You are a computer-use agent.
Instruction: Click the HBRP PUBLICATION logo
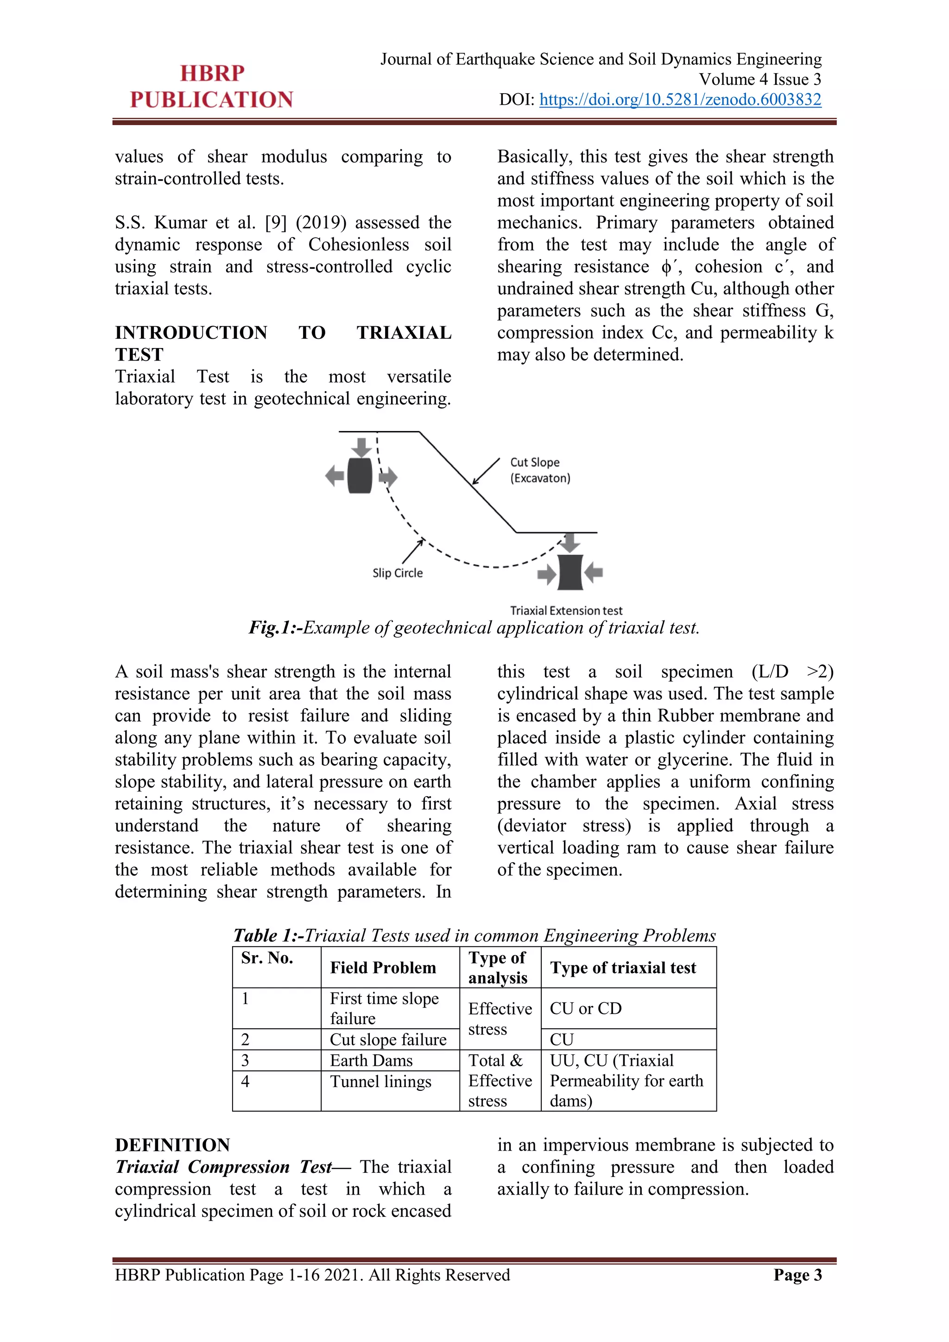tap(212, 87)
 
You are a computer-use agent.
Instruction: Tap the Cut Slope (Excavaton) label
tap(539, 470)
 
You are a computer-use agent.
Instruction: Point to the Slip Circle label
tap(398, 573)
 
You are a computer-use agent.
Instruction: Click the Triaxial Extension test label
tap(566, 610)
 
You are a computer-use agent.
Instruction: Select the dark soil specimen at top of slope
tap(360, 475)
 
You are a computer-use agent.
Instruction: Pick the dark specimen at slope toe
tap(570, 572)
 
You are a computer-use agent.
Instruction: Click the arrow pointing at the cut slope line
tap(486, 471)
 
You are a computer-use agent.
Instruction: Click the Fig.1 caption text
tap(474, 628)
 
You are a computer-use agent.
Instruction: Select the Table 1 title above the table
tap(474, 935)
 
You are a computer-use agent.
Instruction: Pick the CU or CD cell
tap(586, 1008)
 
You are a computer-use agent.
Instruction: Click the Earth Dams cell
tap(371, 1060)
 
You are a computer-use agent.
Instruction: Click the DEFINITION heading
tap(172, 1145)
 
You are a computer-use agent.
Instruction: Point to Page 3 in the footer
tap(797, 1275)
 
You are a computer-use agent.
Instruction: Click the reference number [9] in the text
tap(275, 223)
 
